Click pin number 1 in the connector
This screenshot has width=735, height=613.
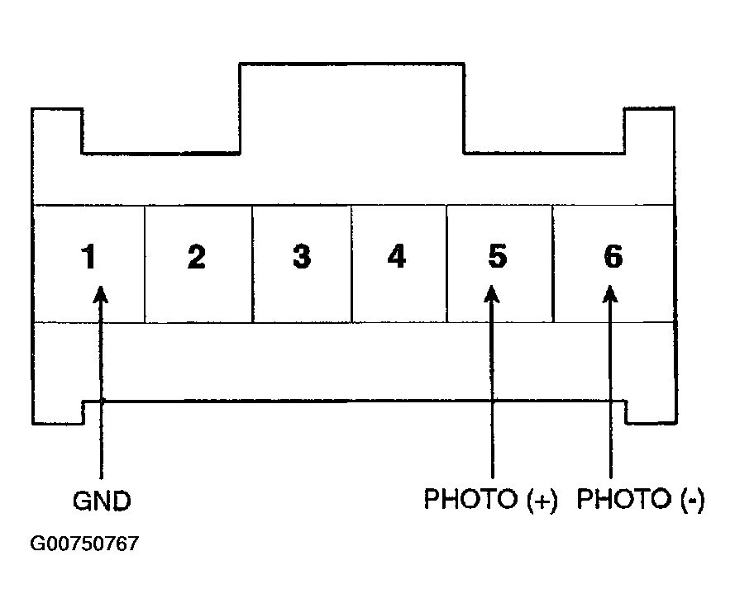pyautogui.click(x=88, y=257)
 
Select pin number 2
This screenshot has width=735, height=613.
pyautogui.click(x=197, y=257)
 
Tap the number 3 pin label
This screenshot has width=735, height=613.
pyautogui.click(x=302, y=257)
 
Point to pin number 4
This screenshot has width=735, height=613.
pyautogui.click(x=397, y=257)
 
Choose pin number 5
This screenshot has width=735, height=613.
pyautogui.click(x=498, y=257)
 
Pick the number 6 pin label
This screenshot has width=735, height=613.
pyautogui.click(x=613, y=257)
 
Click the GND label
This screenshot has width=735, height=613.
pyautogui.click(x=102, y=501)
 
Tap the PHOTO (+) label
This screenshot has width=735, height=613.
pyautogui.click(x=490, y=499)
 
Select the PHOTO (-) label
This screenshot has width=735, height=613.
pyautogui.click(x=640, y=499)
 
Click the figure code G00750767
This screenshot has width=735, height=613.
pyautogui.click(x=84, y=544)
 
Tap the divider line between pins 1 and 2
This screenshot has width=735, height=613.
pyautogui.click(x=145, y=264)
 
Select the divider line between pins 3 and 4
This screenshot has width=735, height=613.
pyautogui.click(x=351, y=264)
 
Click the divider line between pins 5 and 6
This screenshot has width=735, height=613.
pyautogui.click(x=552, y=264)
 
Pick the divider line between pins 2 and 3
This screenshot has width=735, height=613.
pyautogui.click(x=253, y=264)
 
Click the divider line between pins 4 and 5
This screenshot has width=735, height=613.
pyautogui.click(x=446, y=264)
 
